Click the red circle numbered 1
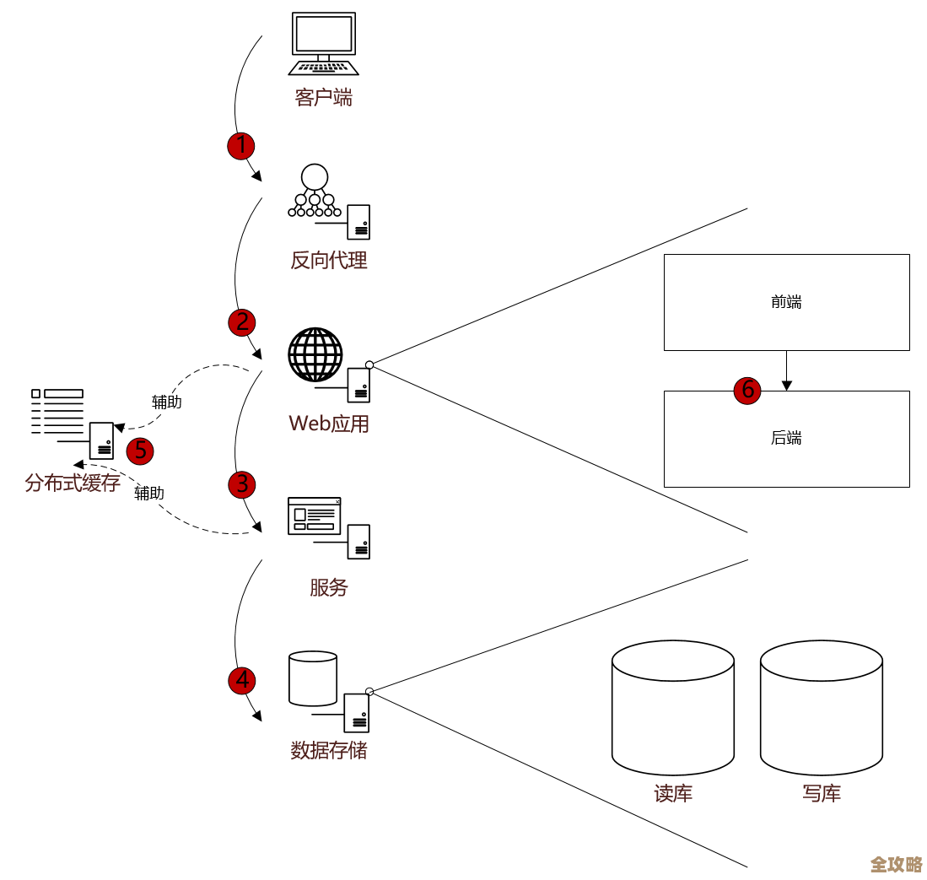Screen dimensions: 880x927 [241, 145]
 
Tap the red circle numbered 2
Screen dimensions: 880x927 [241, 321]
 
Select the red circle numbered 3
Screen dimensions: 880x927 [241, 483]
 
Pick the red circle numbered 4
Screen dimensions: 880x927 [241, 680]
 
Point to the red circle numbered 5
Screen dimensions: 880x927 [140, 451]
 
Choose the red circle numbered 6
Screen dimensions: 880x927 [747, 390]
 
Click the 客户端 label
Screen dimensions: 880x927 [324, 98]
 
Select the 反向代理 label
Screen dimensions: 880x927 [329, 260]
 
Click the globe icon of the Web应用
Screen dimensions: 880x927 [315, 355]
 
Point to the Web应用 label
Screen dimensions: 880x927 [329, 424]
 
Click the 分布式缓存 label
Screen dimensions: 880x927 [73, 483]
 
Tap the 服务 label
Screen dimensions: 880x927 [329, 587]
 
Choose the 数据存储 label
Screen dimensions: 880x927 [329, 749]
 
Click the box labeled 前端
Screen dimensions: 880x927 [786, 302]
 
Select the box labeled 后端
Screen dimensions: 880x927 [786, 439]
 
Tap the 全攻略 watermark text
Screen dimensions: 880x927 [896, 864]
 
